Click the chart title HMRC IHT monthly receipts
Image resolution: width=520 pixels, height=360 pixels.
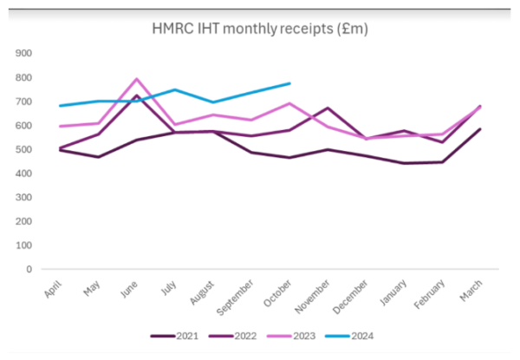pos(259,29)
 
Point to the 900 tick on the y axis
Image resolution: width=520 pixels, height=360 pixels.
pos(23,54)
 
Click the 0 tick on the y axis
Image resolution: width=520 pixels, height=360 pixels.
pos(29,270)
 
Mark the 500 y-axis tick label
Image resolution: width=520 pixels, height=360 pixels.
pos(23,150)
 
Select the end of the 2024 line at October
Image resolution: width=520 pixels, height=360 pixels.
pos(289,83)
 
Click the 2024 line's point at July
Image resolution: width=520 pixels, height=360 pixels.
pos(175,89)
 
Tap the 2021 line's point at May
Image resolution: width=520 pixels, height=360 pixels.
pos(99,157)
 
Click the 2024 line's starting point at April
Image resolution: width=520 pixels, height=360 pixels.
pos(59,106)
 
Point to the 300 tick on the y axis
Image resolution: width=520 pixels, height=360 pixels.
pos(23,198)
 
